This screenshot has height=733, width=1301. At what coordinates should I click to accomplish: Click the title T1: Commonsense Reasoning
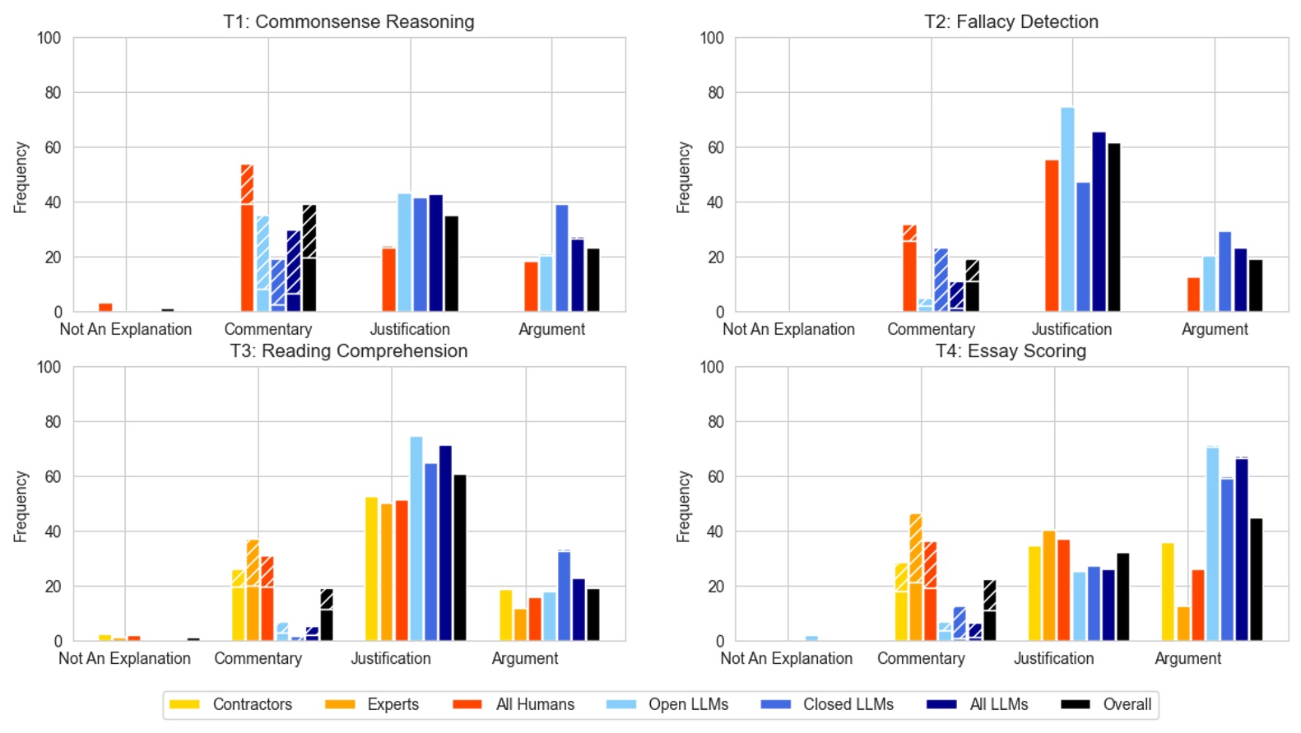click(348, 21)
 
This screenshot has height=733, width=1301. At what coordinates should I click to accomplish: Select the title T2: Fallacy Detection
click(1011, 21)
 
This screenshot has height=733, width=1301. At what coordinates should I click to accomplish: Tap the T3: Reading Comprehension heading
click(348, 351)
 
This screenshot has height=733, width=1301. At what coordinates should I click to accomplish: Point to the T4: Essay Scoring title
click(1011, 351)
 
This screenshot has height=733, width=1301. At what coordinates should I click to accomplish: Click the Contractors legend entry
click(230, 704)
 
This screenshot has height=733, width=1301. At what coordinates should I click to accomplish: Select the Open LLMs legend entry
click(667, 704)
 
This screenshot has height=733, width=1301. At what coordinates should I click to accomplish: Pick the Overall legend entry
click(1106, 704)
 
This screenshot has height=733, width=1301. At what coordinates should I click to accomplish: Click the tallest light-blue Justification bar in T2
click(1067, 210)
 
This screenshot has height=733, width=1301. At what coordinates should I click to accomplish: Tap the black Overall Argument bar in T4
click(1256, 580)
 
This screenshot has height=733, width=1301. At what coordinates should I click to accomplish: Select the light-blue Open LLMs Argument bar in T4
click(1212, 544)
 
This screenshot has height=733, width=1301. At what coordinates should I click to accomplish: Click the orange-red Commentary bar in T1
click(247, 239)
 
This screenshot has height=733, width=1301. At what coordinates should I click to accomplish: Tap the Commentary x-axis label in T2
click(931, 330)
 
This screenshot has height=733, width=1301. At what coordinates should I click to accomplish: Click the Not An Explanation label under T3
click(124, 659)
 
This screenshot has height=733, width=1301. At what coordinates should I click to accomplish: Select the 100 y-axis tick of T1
click(49, 38)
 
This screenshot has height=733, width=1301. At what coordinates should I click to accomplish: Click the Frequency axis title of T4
click(683, 507)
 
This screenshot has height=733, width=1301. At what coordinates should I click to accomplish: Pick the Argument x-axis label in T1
click(551, 330)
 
